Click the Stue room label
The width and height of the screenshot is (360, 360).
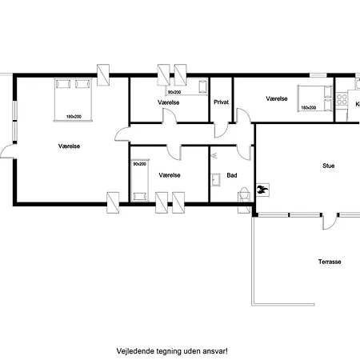tap(328, 166)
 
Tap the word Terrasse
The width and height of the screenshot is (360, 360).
tap(330, 262)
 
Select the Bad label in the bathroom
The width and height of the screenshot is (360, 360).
tap(232, 174)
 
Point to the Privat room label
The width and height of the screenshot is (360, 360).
tap(222, 102)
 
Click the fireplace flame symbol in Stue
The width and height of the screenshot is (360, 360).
tap(262, 190)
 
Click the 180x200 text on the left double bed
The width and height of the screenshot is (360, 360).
tap(74, 118)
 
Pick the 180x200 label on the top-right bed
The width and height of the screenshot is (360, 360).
tap(308, 107)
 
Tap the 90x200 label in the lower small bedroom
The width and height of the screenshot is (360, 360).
tap(139, 164)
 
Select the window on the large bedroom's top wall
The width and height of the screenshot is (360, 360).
tap(104, 74)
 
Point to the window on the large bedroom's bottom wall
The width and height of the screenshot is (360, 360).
tap(113, 199)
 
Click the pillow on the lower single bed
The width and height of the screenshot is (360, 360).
tap(139, 194)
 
